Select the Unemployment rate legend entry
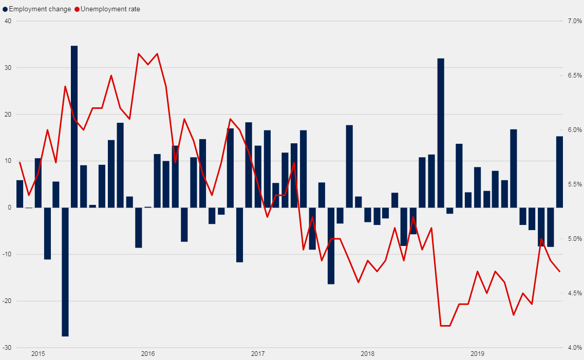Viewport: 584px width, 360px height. (110, 9)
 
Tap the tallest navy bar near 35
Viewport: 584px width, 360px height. (74, 126)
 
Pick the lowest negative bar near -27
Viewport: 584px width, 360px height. (65, 272)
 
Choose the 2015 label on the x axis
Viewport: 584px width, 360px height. (38, 354)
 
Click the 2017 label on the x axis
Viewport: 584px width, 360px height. (258, 354)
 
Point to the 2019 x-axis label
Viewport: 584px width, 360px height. (478, 354)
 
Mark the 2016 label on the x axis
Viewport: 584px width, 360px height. (148, 354)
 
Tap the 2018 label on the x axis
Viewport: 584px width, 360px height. (368, 354)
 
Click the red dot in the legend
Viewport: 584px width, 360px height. (78, 9)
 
